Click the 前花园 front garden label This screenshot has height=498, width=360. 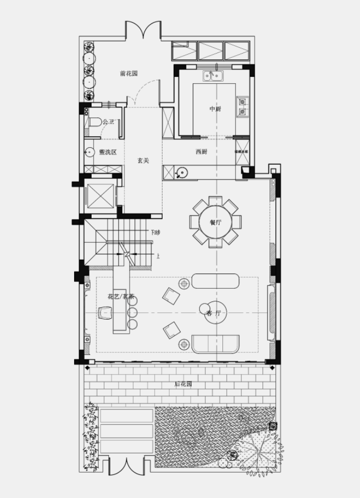pyautogui.click(x=129, y=74)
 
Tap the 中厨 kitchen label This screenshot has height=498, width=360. pyautogui.click(x=214, y=109)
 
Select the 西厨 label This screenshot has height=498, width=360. pyautogui.click(x=201, y=152)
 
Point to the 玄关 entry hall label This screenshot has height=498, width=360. pyautogui.click(x=143, y=160)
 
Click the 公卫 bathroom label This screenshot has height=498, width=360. pyautogui.click(x=109, y=122)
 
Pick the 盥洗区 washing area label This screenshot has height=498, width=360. pyautogui.click(x=107, y=152)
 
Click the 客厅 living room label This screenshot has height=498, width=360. pyautogui.click(x=213, y=314)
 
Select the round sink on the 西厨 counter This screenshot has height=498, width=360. pyautogui.click(x=182, y=172)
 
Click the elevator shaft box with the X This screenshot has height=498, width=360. pyautogui.click(x=100, y=195)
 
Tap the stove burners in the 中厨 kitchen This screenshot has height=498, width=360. pyautogui.click(x=243, y=106)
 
